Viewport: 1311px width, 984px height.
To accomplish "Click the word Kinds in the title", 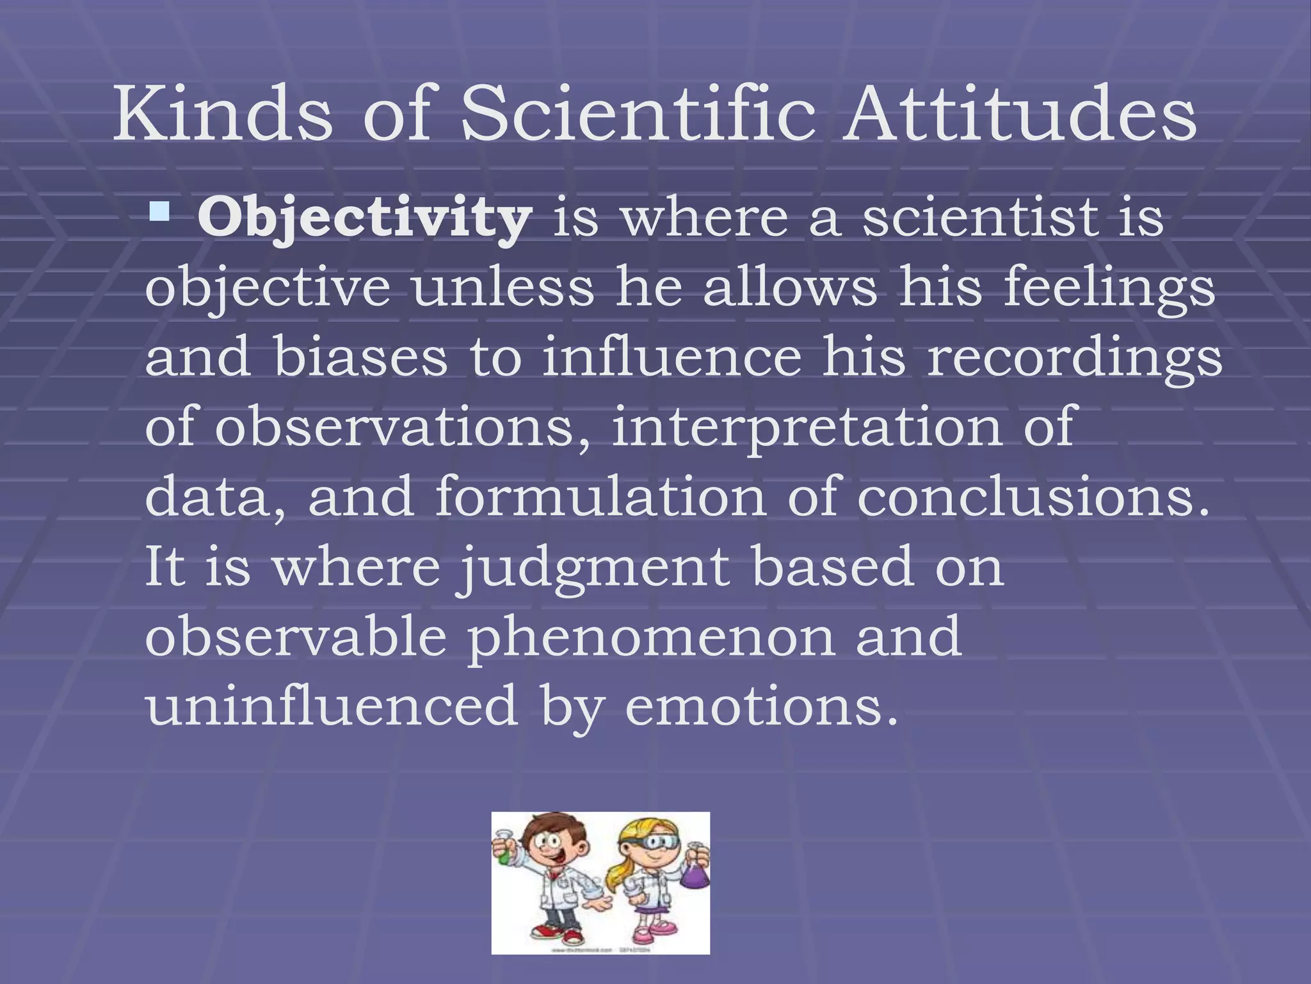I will click(222, 115).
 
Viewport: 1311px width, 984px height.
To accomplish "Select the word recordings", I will click(1075, 359).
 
